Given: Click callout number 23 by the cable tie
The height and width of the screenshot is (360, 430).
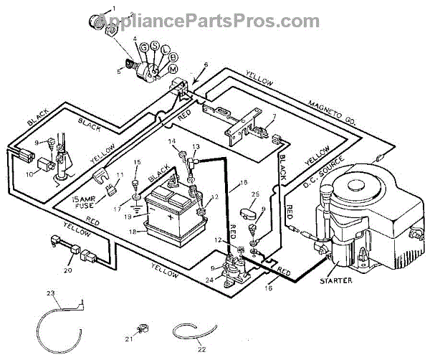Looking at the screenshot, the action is [51, 293].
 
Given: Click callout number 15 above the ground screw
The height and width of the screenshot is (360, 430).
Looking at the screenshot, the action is [138, 162].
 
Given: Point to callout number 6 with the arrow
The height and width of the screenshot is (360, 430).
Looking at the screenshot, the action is [206, 65].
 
